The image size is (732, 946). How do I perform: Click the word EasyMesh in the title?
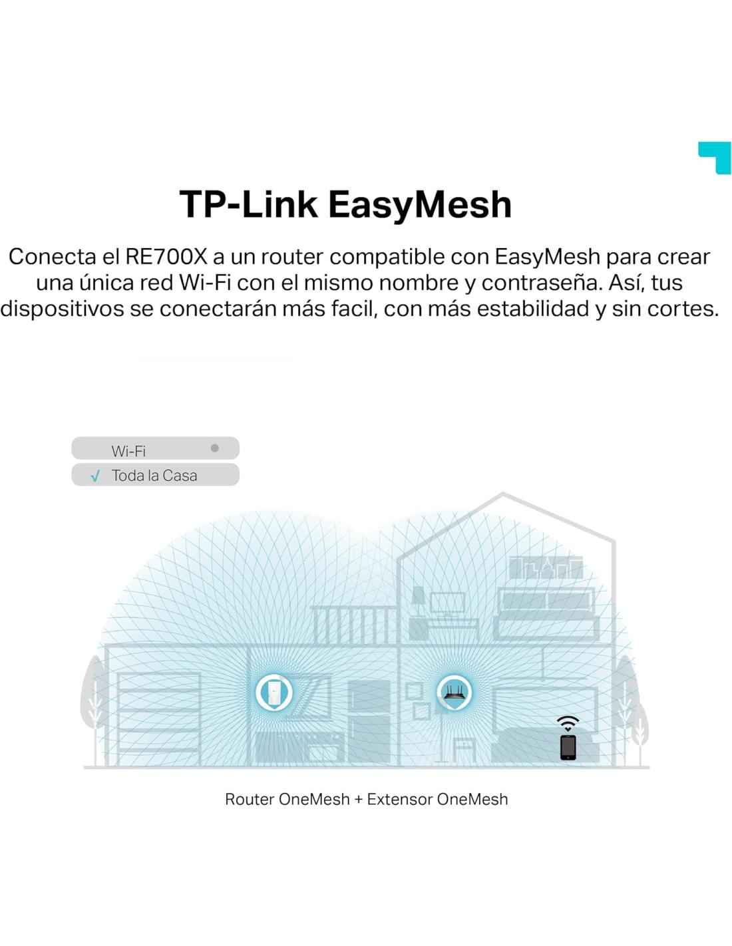tap(419, 204)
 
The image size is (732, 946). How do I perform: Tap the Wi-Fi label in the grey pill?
tap(128, 451)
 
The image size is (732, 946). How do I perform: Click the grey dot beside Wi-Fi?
tap(214, 448)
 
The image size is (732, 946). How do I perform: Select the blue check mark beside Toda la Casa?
tap(95, 476)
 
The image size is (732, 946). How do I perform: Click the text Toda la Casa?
tap(154, 476)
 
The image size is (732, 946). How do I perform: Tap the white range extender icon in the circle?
tap(274, 693)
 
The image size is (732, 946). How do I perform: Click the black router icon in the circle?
tap(455, 692)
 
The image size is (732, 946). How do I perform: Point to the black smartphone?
tap(568, 747)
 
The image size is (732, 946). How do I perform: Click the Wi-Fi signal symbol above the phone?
tap(568, 723)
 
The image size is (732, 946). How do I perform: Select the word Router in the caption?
tap(250, 800)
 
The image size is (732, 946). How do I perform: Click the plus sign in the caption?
tap(358, 800)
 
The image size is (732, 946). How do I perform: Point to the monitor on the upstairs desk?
tap(447, 603)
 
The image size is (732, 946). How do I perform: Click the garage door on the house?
tap(159, 718)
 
